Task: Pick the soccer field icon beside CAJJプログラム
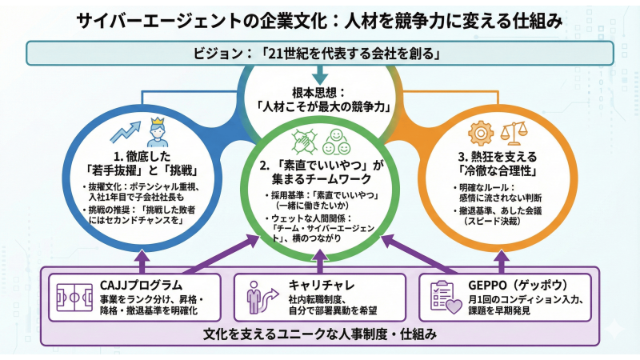(x=74, y=295)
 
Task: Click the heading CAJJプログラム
(x=145, y=285)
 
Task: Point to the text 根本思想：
(x=320, y=90)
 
